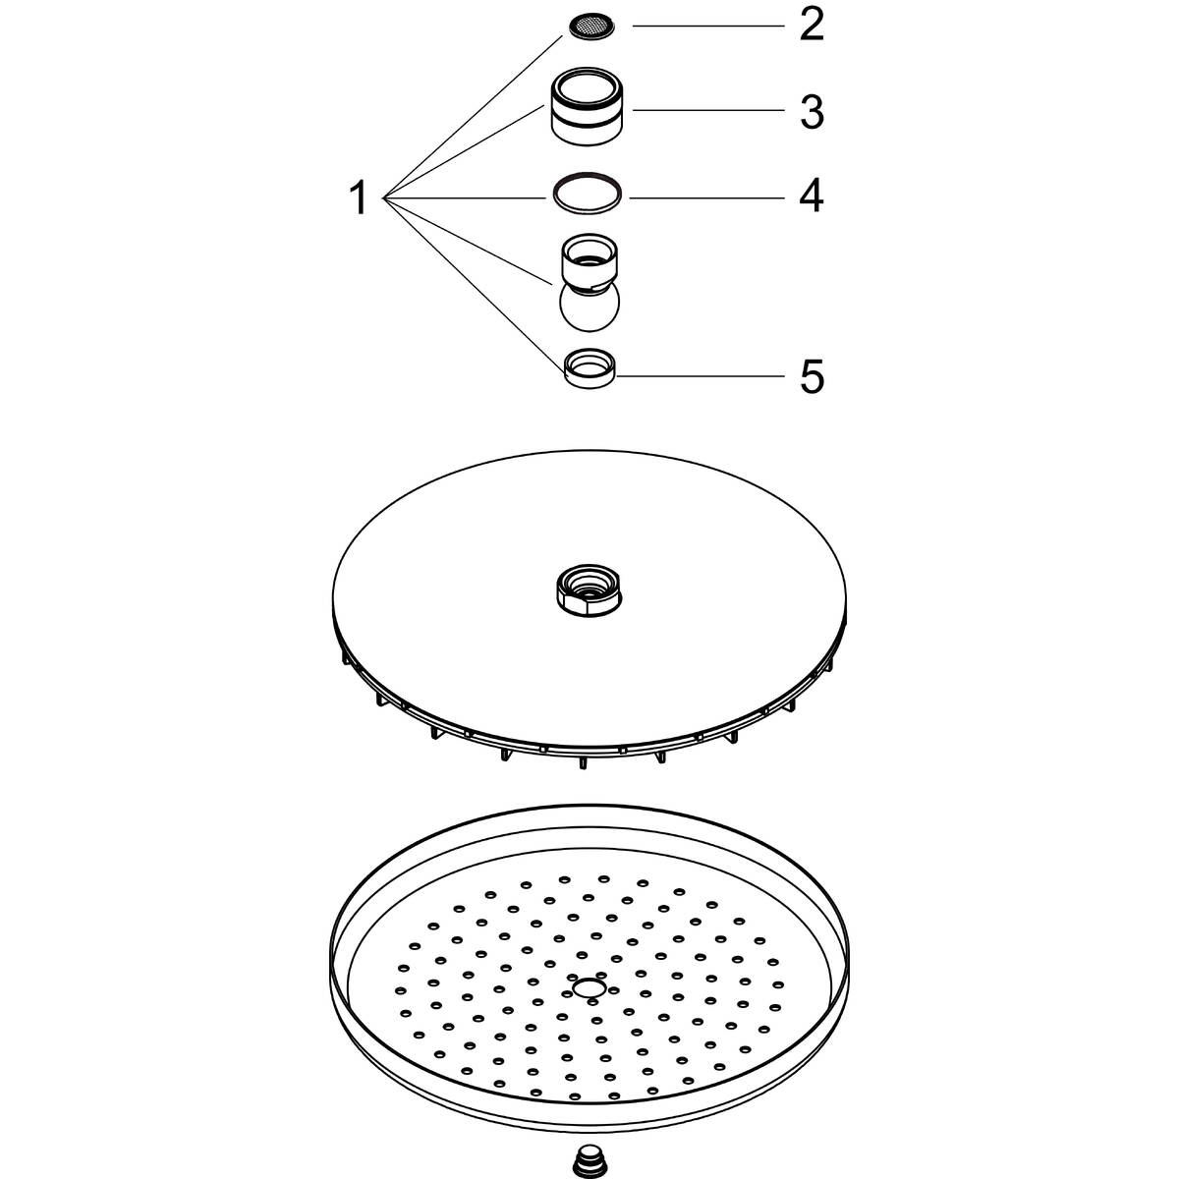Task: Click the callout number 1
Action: tap(360, 198)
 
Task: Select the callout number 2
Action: tap(812, 26)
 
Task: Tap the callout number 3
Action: tap(812, 112)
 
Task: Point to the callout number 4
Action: tap(812, 196)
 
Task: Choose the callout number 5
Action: tap(812, 376)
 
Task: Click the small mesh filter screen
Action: tap(591, 27)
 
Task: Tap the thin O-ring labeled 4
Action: tap(588, 193)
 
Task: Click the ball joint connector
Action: tap(589, 283)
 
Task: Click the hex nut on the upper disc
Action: tap(589, 591)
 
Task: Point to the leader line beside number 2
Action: tap(707, 26)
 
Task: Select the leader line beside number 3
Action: tap(707, 110)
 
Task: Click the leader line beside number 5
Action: tap(701, 375)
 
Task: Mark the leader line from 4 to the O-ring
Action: tap(706, 197)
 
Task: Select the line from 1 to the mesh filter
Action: tap(472, 117)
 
